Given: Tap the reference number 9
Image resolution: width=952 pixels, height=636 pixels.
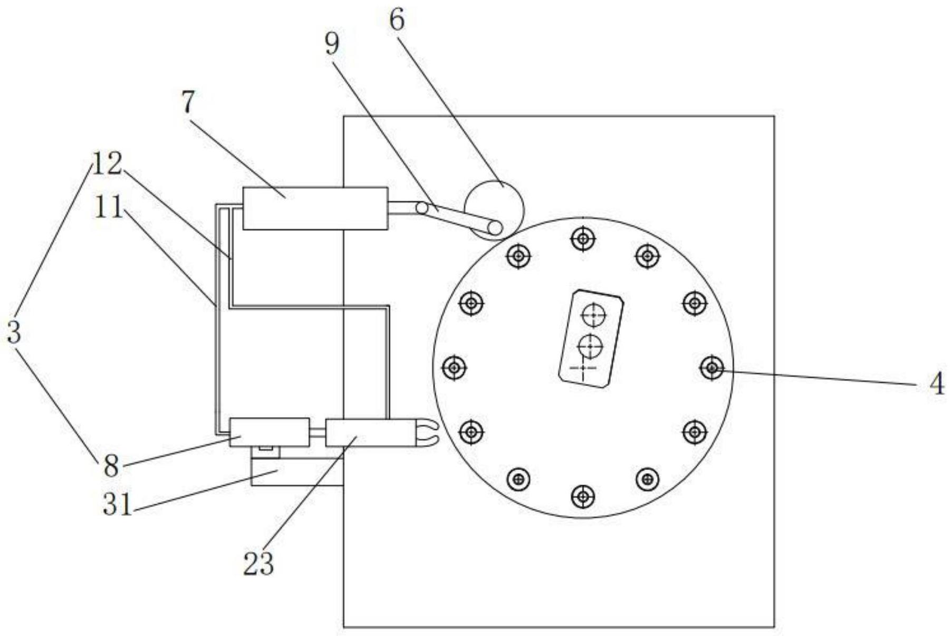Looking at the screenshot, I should point(332,44).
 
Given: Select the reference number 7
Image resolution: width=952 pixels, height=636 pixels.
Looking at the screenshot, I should point(188,102).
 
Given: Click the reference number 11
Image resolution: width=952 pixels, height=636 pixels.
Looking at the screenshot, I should point(109,207).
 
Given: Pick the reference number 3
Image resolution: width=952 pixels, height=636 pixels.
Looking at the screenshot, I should point(14,333).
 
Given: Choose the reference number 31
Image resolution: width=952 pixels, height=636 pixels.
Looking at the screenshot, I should point(117,505).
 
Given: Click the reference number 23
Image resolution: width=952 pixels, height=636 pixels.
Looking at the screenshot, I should point(258,564).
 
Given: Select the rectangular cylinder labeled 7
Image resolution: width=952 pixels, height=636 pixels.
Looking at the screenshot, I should point(315,208).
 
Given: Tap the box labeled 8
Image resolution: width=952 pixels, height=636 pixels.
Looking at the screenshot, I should point(270,432).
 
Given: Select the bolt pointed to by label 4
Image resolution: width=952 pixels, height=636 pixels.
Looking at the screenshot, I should point(712,367).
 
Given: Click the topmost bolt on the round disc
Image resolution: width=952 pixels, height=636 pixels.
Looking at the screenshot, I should point(583,239).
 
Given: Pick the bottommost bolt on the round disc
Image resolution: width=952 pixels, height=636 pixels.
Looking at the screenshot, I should point(583,496).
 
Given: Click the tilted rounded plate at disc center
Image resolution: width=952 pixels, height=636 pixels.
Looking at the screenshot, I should point(591,339).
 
